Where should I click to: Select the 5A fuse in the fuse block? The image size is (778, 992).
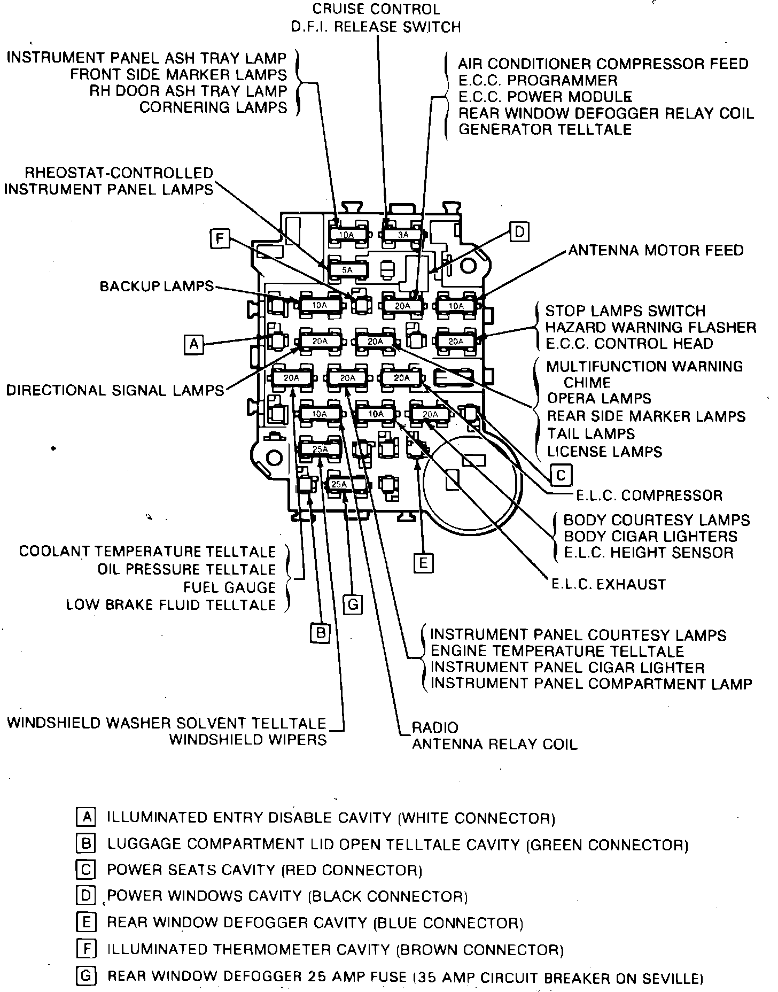pos(348,270)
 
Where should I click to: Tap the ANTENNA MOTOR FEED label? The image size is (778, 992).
pos(656,250)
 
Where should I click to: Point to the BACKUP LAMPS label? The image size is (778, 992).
pos(157,286)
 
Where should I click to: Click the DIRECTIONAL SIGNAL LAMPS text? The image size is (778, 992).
pos(115,390)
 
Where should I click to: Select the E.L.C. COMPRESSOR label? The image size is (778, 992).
pos(649,495)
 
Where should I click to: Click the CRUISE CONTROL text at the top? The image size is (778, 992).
pos(376,9)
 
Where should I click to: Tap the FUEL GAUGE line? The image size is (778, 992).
pos(229,587)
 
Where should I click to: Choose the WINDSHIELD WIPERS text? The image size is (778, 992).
pos(247,740)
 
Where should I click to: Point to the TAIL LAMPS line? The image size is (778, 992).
pos(591,433)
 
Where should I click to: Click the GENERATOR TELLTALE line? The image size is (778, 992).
pos(545,129)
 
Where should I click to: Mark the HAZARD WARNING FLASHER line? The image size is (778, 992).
pos(650,327)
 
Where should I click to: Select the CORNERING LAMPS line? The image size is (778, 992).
pos(213,107)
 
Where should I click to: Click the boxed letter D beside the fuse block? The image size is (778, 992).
pos(519,232)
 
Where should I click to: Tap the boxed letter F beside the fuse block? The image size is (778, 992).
pos(220,239)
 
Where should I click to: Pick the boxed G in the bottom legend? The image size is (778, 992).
pos(85,976)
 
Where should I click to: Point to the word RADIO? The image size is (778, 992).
pos(435,727)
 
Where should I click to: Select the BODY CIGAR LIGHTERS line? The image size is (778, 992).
pos(650,536)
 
